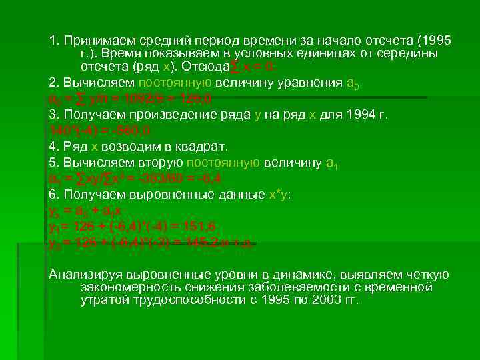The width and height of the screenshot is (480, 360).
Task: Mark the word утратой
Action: click(104, 300)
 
